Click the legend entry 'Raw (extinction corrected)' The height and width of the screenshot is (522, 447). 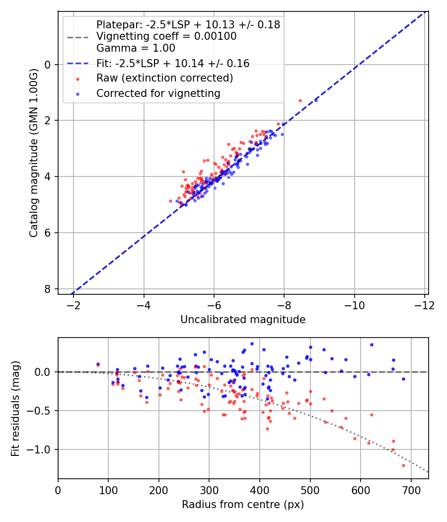pyautogui.click(x=164, y=78)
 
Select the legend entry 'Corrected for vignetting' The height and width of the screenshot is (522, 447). pyautogui.click(x=158, y=93)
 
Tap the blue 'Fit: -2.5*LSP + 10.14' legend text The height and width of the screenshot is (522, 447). pyautogui.click(x=173, y=63)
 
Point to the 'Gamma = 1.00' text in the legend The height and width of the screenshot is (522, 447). pyautogui.click(x=136, y=48)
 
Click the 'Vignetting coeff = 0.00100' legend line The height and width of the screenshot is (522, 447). pyautogui.click(x=166, y=36)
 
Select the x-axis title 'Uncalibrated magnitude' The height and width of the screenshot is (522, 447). pyautogui.click(x=243, y=319)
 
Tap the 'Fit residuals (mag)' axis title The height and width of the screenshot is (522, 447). pyautogui.click(x=15, y=408)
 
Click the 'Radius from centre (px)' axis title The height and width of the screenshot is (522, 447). pyautogui.click(x=243, y=505)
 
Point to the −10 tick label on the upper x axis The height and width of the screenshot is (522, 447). pyautogui.click(x=354, y=305)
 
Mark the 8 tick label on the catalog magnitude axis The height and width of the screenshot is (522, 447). pyautogui.click(x=48, y=289)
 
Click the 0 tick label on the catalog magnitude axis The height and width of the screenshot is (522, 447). pyautogui.click(x=48, y=65)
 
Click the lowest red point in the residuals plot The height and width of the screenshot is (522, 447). pyautogui.click(x=403, y=465)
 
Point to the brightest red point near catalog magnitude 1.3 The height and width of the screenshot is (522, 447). pyautogui.click(x=300, y=100)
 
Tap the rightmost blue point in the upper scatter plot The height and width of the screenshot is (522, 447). pyautogui.click(x=316, y=100)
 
